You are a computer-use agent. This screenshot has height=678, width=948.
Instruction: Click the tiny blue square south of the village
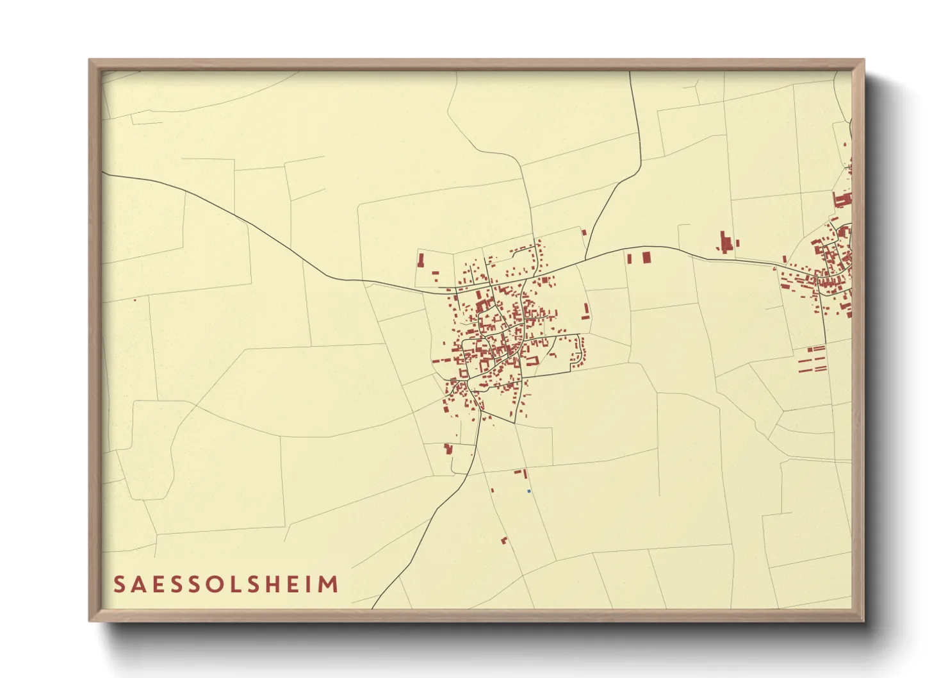click(528, 491)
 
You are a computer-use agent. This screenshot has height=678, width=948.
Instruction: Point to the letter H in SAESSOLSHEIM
click(275, 584)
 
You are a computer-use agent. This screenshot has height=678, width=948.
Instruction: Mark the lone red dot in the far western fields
click(135, 299)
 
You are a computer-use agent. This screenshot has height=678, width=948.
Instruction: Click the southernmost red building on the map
click(504, 541)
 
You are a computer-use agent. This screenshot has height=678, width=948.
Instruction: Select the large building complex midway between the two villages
click(726, 244)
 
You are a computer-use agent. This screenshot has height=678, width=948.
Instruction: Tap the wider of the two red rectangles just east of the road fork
click(646, 257)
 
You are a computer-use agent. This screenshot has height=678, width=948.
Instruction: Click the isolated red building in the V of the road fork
click(584, 232)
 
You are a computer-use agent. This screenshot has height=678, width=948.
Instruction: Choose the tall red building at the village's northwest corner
click(421, 261)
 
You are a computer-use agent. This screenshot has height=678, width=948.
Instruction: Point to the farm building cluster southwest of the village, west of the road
click(448, 449)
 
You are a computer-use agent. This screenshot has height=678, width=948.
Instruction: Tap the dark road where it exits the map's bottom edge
click(373, 607)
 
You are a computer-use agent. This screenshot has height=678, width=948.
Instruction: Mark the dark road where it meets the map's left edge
click(103, 173)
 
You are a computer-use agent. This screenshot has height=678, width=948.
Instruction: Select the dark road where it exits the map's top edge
click(630, 72)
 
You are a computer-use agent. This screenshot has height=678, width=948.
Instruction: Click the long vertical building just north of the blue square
click(525, 474)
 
